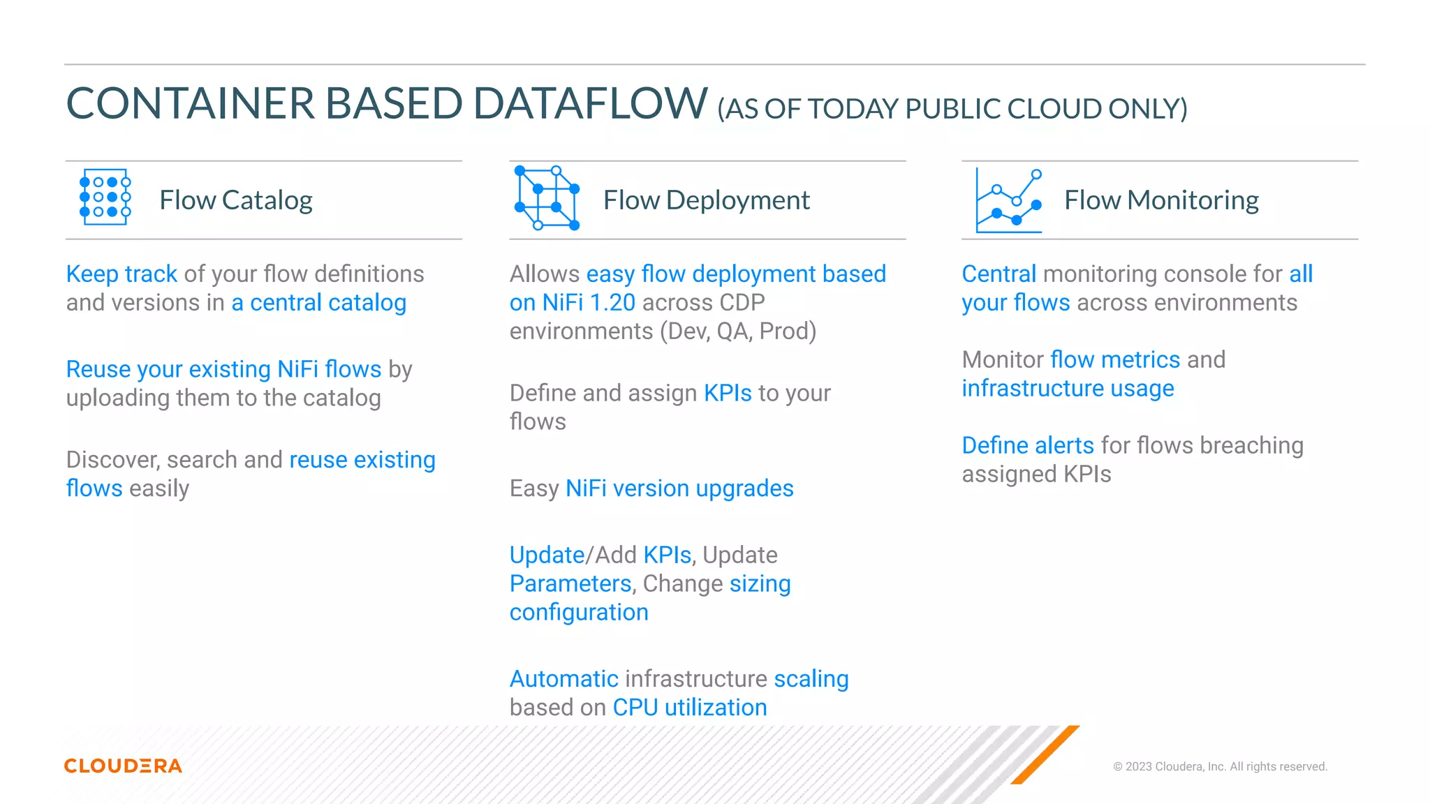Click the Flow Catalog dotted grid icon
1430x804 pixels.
point(105,197)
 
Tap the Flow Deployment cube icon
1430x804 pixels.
point(547,198)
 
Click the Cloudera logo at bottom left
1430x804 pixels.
point(123,766)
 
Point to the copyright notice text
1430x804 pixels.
point(1220,766)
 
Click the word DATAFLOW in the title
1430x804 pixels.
point(590,103)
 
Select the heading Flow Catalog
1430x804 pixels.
point(236,200)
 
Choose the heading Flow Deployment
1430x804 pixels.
point(706,200)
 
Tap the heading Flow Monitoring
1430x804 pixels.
point(1161,200)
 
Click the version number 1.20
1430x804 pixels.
point(612,303)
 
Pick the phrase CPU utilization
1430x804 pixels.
point(690,708)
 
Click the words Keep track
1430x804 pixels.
point(121,274)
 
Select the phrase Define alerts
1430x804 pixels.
point(1028,445)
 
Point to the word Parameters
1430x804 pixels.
point(570,583)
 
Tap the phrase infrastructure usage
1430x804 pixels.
point(1068,388)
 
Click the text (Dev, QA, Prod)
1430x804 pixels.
point(738,332)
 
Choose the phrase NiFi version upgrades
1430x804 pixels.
point(679,489)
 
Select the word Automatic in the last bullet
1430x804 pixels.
point(563,679)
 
